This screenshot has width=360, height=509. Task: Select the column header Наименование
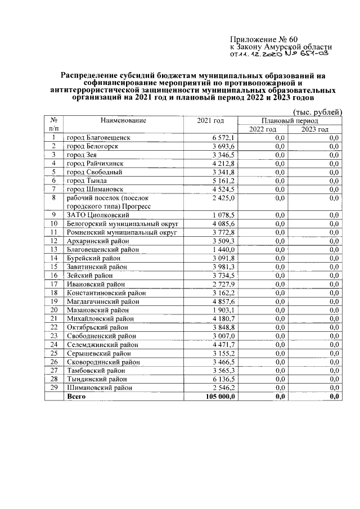pos(123,120)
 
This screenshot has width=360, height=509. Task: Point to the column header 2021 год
pos(210,120)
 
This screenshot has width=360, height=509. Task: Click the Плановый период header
pos(290,120)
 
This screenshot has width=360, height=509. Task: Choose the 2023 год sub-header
pos(314,129)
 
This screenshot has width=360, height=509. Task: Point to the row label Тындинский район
pos(97,379)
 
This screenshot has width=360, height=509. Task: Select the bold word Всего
pos(76,397)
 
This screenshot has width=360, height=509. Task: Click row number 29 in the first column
pos(54,388)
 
